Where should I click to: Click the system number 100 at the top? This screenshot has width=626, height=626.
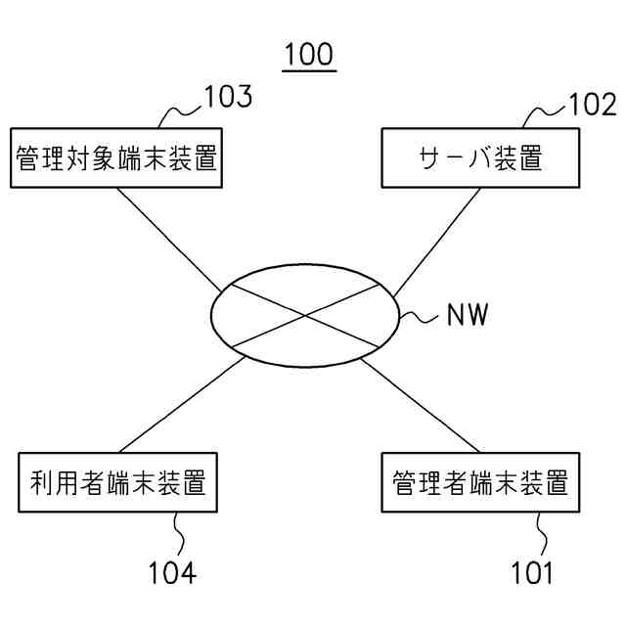(309, 55)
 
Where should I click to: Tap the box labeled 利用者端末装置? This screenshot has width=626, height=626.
(117, 482)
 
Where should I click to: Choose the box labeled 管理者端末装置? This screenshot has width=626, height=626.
(479, 482)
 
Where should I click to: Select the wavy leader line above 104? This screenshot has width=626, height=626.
(179, 534)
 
